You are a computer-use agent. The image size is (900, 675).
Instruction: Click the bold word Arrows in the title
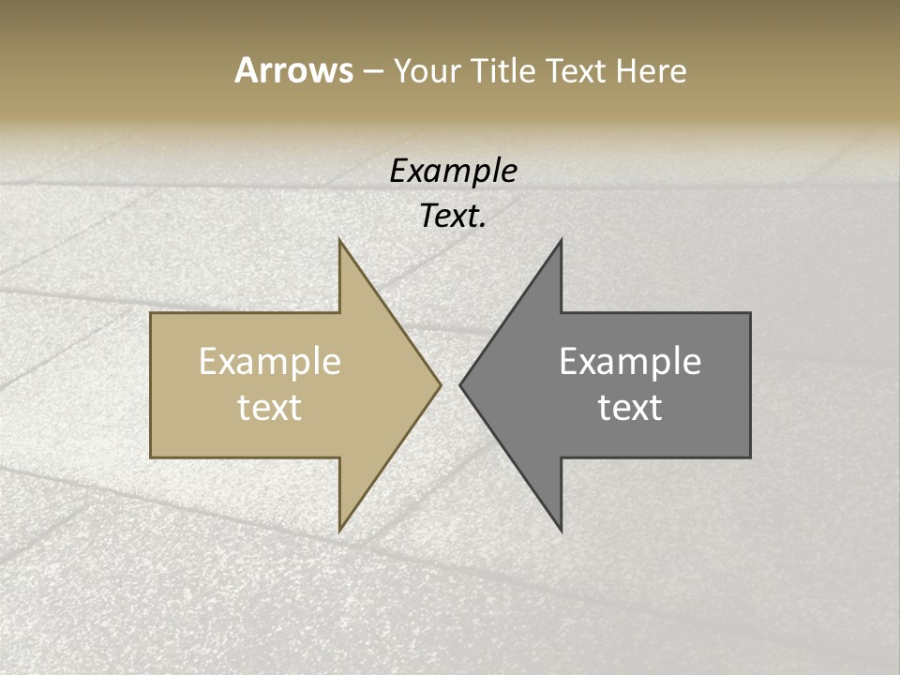point(293,70)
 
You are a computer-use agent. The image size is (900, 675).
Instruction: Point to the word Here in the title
point(652,71)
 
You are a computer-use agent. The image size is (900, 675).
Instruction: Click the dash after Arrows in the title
point(372,72)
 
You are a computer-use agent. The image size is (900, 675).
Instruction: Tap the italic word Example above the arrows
point(454,172)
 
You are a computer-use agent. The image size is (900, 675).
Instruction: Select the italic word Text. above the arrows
point(454,217)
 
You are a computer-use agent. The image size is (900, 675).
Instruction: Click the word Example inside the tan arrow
point(270,362)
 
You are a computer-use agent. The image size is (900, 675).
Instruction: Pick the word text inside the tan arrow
point(270,408)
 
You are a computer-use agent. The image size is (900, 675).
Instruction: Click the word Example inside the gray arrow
point(630,362)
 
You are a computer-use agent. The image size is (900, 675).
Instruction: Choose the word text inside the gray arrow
point(630,408)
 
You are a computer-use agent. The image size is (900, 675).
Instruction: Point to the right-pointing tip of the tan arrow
point(440,384)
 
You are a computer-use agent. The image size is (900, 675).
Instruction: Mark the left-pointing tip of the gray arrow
point(460,384)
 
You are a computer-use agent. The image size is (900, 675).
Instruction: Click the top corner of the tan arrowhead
point(340,241)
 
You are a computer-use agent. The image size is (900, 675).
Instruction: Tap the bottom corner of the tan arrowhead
point(340,531)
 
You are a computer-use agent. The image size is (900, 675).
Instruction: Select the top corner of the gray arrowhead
point(561,241)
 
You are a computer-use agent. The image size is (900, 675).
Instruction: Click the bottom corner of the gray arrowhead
point(561,531)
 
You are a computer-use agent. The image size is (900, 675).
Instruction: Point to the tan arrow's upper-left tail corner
point(152,314)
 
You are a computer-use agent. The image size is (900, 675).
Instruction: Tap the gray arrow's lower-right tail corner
point(749,457)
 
